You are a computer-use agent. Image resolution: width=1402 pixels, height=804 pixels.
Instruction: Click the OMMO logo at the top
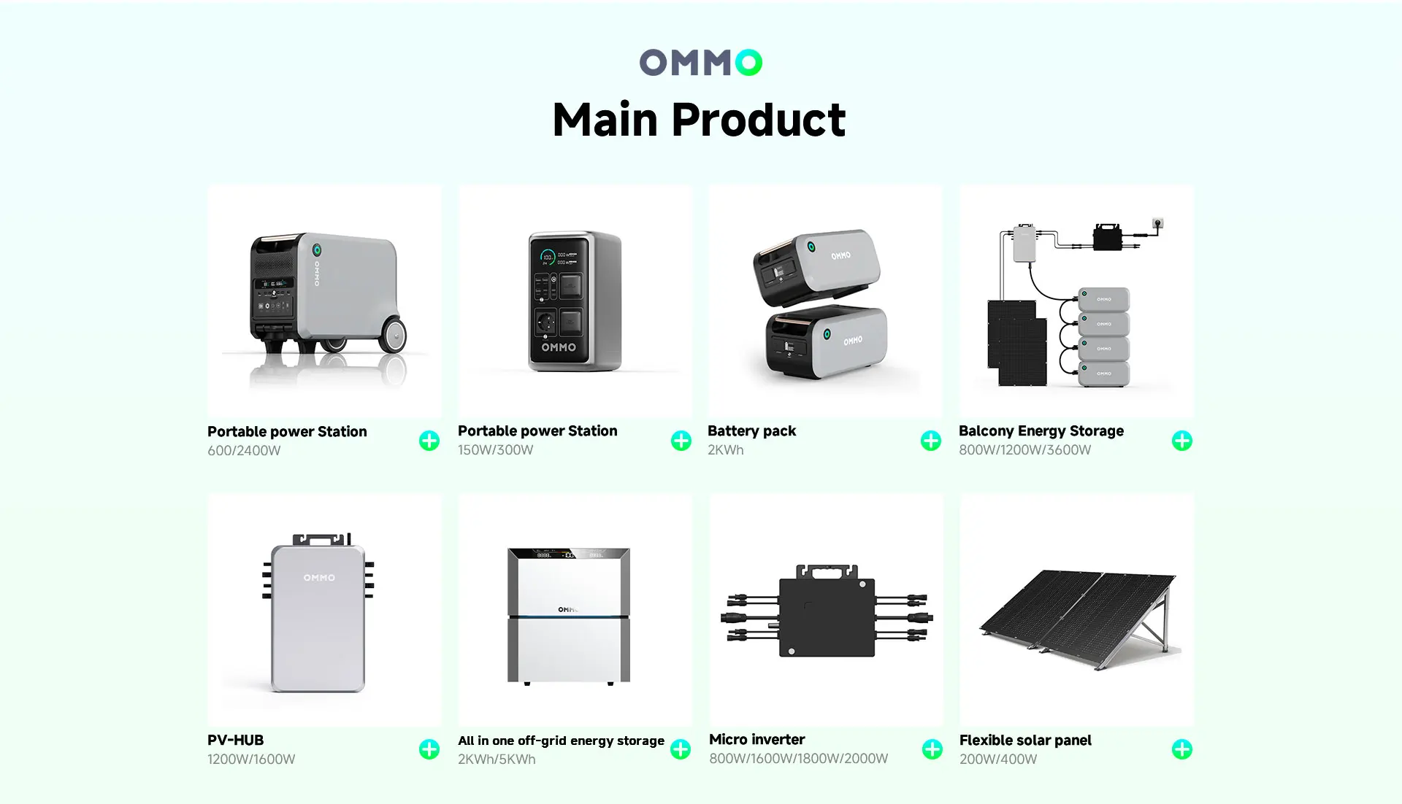pos(700,63)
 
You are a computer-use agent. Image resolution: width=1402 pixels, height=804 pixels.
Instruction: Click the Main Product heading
pos(700,120)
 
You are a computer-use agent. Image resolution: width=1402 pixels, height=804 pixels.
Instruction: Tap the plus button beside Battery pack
pos(930,441)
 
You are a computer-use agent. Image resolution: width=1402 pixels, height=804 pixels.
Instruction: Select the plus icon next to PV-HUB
pos(429,749)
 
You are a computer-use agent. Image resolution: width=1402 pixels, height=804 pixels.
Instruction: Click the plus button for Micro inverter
pos(932,749)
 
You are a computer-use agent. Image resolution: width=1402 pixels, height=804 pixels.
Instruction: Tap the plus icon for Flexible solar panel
pos(1182,749)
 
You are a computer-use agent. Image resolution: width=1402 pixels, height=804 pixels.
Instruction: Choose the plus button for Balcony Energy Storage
pos(1182,441)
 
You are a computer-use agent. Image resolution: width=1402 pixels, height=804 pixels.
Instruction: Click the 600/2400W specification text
pos(244,451)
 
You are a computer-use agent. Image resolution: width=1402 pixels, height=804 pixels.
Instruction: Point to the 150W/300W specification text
pos(496,450)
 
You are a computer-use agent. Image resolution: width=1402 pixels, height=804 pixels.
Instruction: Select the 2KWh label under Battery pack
pos(726,450)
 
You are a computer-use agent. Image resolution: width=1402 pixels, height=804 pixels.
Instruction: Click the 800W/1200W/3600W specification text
pos(1025,450)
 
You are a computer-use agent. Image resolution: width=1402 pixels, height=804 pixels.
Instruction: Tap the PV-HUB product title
pos(235,740)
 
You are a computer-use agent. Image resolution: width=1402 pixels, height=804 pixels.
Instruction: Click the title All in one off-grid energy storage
pos(561,741)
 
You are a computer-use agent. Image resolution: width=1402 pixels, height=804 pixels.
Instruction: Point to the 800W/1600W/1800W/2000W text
pos(799,759)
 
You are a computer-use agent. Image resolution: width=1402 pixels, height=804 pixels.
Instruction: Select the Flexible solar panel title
pos(1025,741)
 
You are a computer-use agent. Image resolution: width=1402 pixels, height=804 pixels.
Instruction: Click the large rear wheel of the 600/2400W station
pos(392,335)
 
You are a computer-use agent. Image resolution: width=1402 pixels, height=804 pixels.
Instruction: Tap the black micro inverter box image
pos(827,611)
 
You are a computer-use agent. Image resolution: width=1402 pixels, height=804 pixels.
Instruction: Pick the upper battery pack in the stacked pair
pos(816,266)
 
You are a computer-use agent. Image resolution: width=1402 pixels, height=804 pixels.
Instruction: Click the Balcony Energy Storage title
pos(1041,431)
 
